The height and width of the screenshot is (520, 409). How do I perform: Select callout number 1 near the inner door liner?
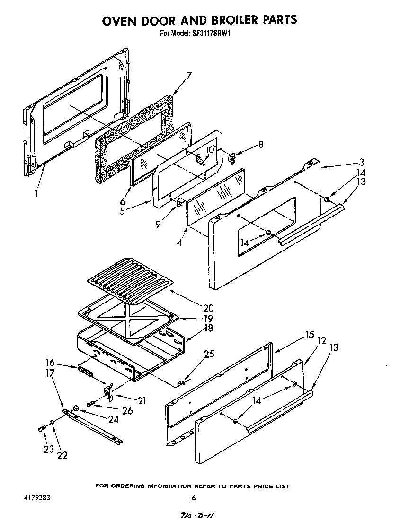tap(37, 193)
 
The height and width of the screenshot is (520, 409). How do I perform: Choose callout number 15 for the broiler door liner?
tap(310, 335)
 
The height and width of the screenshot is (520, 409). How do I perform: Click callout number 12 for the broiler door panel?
tap(322, 340)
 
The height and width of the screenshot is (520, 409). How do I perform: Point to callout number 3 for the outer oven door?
tap(361, 162)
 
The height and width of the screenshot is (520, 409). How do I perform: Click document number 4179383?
tap(36, 498)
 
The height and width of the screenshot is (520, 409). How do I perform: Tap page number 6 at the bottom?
tap(194, 498)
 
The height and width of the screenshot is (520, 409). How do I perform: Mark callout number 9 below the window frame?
tap(158, 225)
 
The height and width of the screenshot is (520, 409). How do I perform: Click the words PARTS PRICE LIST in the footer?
tap(259, 486)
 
